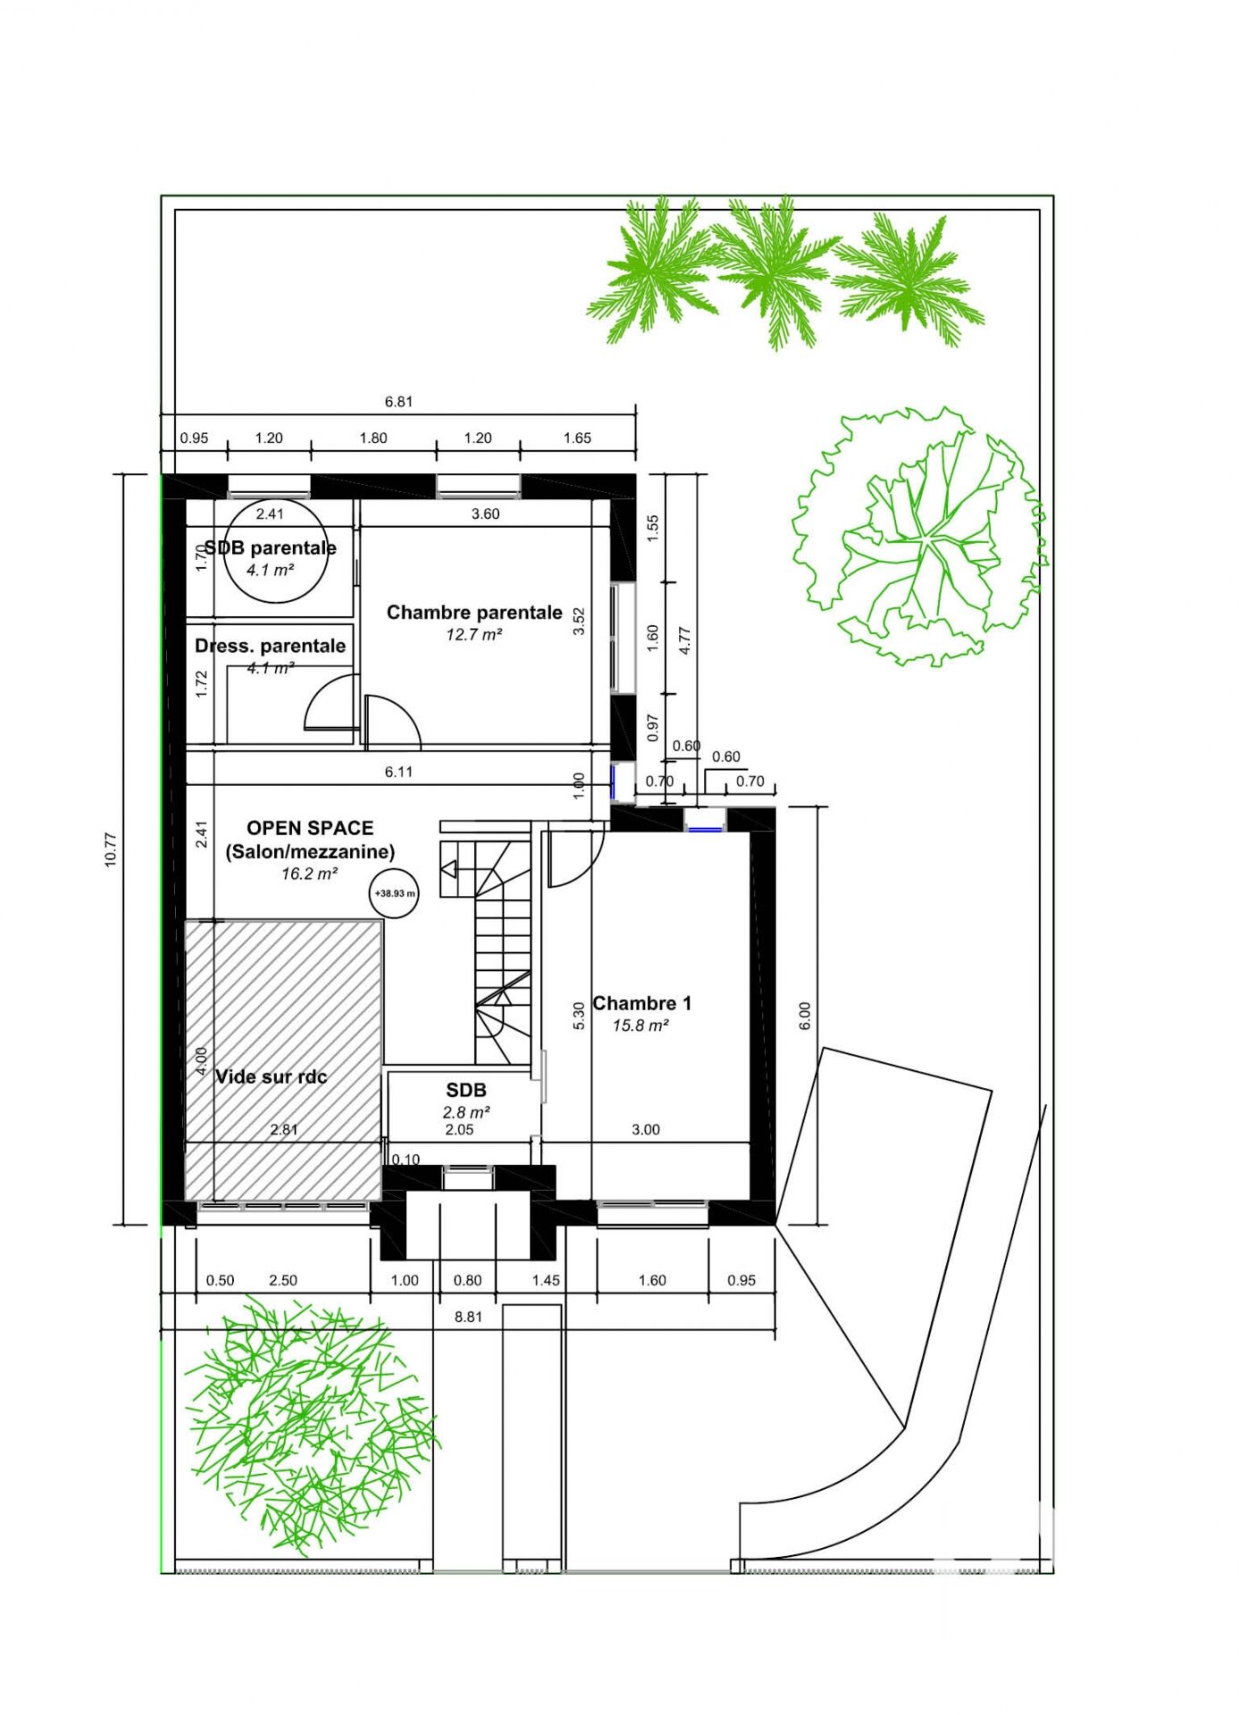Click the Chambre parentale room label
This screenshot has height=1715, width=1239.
click(474, 613)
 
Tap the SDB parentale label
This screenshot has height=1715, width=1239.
click(271, 548)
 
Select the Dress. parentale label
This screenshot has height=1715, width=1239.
click(271, 646)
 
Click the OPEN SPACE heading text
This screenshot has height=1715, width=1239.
click(310, 828)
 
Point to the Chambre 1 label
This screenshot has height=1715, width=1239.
click(642, 1003)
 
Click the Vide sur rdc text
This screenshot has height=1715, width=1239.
click(272, 1076)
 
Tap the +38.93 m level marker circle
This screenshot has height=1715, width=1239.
click(394, 893)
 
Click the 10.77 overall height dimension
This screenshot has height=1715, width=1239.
click(111, 849)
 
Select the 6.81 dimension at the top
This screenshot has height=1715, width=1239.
click(398, 402)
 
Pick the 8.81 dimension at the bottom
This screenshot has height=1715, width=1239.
click(468, 1317)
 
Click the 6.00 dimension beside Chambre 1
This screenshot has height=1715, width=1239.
click(805, 1016)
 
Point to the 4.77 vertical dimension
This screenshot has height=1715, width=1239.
click(685, 640)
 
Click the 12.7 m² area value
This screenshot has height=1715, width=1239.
click(474, 634)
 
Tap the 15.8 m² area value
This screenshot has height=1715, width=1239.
click(640, 1025)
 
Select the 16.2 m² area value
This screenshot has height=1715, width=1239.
click(310, 874)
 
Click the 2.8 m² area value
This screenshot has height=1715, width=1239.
click(466, 1112)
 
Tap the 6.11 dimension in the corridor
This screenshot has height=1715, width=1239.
click(398, 772)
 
